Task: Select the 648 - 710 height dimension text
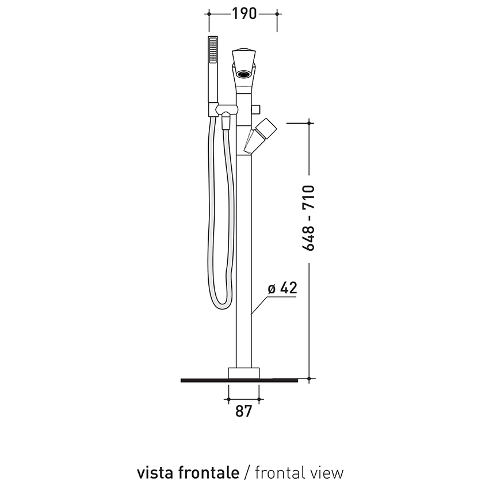[x=309, y=217]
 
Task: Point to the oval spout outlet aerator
[x=244, y=73]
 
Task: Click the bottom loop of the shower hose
[x=223, y=302]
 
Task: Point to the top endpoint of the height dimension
[x=310, y=122]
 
